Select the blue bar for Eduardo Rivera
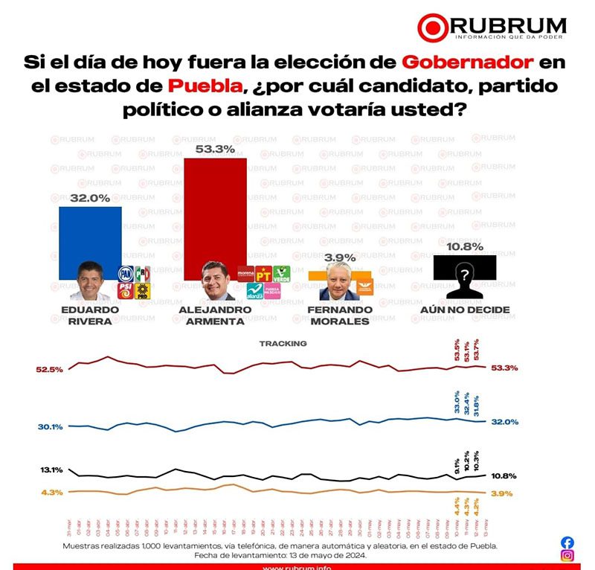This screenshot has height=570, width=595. [90, 234]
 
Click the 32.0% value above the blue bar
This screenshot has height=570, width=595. [90, 198]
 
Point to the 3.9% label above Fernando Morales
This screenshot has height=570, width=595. [341, 257]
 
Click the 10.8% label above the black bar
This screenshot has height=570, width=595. [465, 246]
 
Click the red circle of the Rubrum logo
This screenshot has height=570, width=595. [431, 27]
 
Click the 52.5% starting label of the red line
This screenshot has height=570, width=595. [49, 369]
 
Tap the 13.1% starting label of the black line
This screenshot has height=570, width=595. [51, 470]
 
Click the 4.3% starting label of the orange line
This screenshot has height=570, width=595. [52, 492]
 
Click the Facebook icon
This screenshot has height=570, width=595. [567, 542]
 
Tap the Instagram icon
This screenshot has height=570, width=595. [567, 556]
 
